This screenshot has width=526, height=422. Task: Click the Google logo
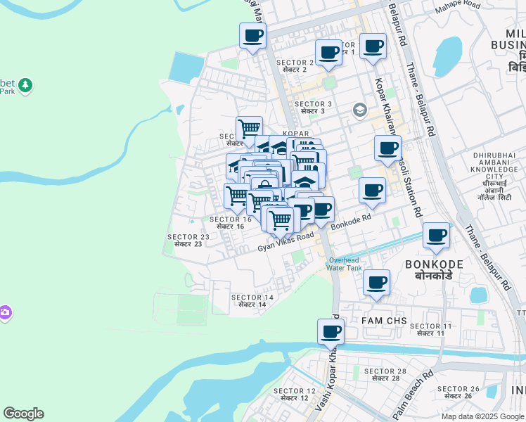[23, 414]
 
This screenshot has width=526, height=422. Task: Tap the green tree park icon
[26, 85]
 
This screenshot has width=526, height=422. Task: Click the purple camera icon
[4, 312]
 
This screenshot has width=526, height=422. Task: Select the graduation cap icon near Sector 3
[360, 110]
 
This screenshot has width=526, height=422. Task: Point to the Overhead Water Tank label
[345, 264]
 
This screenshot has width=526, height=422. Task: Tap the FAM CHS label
[384, 321]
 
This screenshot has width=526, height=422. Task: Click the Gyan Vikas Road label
[285, 243]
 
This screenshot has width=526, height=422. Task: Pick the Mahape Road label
[457, 6]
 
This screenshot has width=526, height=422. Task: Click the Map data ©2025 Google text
[482, 416]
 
